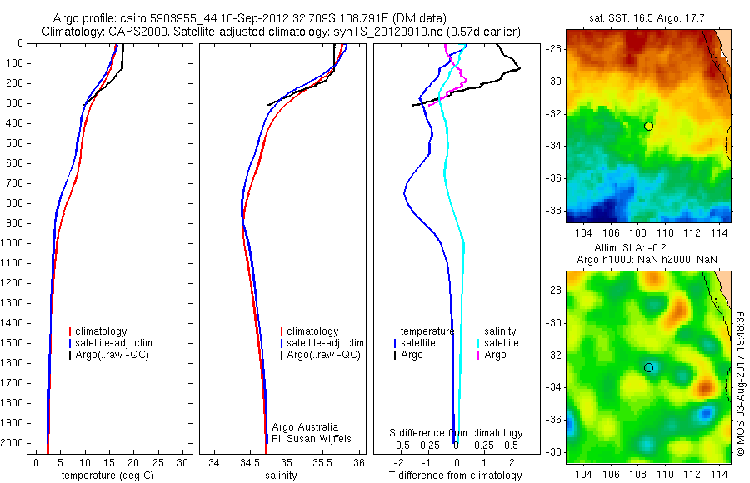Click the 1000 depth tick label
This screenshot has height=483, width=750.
click(x=12, y=243)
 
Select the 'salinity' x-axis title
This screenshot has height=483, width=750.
click(x=282, y=476)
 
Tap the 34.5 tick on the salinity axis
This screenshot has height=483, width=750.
click(x=250, y=462)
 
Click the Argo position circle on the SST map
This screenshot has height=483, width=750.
click(x=648, y=126)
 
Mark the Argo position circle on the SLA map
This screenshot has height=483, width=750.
click(x=648, y=367)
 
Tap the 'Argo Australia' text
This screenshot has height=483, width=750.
click(x=300, y=426)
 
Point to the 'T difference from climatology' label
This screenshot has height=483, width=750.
click(x=455, y=476)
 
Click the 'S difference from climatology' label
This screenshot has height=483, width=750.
click(x=457, y=433)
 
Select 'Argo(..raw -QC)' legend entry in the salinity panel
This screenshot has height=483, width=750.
click(x=323, y=355)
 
